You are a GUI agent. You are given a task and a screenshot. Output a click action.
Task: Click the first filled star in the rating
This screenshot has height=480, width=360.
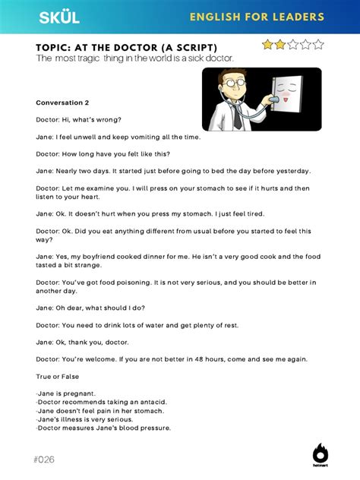click(268, 45)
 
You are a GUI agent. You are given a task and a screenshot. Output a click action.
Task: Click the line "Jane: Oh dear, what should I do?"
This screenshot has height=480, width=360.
click(90, 308)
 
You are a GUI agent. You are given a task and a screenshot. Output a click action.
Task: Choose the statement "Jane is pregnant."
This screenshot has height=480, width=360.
click(66, 393)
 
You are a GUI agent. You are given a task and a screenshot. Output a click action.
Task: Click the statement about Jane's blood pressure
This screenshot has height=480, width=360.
click(103, 428)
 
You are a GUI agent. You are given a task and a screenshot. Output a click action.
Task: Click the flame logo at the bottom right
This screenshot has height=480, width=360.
click(321, 453)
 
